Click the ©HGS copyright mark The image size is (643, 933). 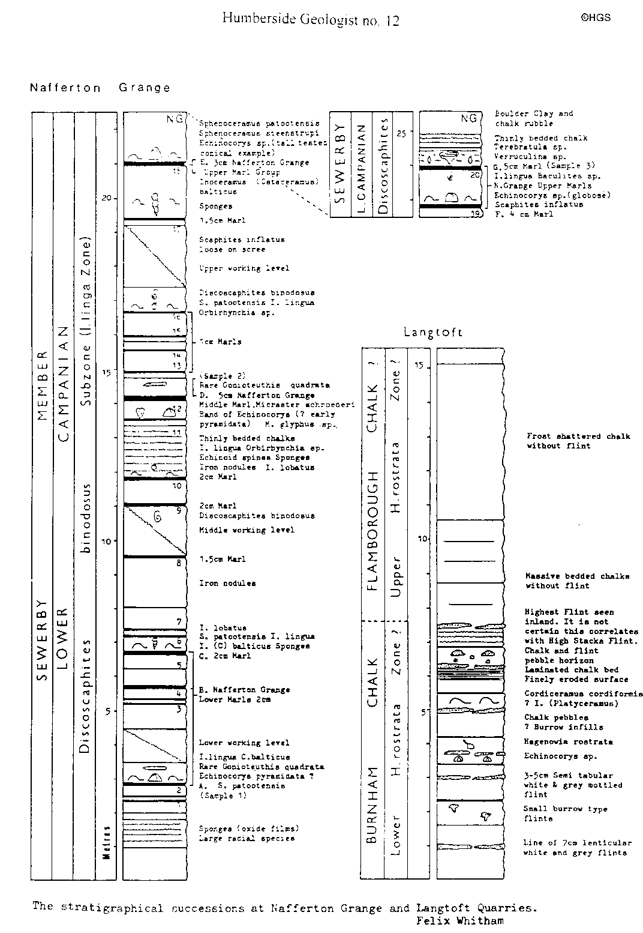coord(595,18)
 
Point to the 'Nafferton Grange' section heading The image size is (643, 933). coord(100,88)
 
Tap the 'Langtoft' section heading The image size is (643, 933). coord(433,332)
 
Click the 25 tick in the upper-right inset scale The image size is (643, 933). coord(401,133)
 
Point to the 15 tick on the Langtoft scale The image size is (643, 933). coord(419,366)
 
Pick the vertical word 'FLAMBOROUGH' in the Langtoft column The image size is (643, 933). coord(374,529)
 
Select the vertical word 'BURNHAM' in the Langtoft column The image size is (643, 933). coord(373,805)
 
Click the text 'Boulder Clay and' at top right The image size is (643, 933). coord(534,113)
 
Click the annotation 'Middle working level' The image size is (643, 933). coord(247,530)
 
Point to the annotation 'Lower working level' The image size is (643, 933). coord(244,743)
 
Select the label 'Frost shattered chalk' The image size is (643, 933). coord(578,436)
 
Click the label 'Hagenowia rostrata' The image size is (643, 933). coord(568,741)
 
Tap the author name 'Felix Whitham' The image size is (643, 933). coord(459,920)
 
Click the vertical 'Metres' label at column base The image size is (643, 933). coord(106,843)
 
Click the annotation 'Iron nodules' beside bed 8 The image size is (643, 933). coord(227,583)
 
